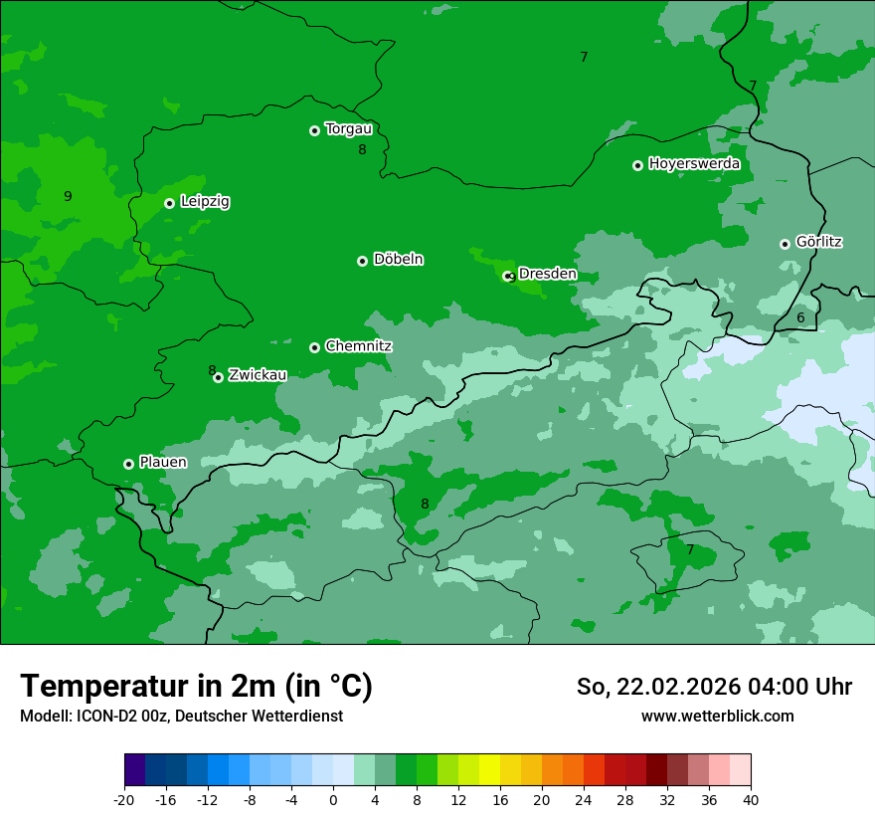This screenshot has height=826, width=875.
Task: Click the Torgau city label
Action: click(348, 129)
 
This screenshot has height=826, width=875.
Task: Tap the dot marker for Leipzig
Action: click(170, 203)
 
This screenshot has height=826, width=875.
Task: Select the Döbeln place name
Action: click(398, 260)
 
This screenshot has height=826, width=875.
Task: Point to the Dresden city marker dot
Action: click(508, 276)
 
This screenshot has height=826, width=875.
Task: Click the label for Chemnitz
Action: click(358, 346)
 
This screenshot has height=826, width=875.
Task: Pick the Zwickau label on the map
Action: click(258, 375)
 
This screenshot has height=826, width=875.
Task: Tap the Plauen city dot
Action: click(128, 464)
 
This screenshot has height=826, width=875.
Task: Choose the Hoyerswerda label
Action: click(694, 164)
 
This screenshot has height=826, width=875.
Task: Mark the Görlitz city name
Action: click(818, 242)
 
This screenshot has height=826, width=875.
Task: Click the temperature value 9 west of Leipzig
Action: click(68, 196)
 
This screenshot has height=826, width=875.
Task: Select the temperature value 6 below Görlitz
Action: click(800, 318)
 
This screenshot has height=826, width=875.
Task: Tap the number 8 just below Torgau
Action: click(362, 150)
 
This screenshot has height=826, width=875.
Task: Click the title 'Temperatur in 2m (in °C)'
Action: click(196, 687)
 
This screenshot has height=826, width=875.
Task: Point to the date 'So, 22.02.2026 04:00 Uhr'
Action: click(714, 687)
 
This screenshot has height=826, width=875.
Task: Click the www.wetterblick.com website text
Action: click(717, 716)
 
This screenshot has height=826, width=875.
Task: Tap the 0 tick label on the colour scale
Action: click(333, 800)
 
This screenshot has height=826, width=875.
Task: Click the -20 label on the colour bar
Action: click(123, 800)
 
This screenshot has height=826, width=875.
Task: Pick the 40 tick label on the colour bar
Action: click(750, 800)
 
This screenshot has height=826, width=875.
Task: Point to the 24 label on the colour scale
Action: click(583, 800)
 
